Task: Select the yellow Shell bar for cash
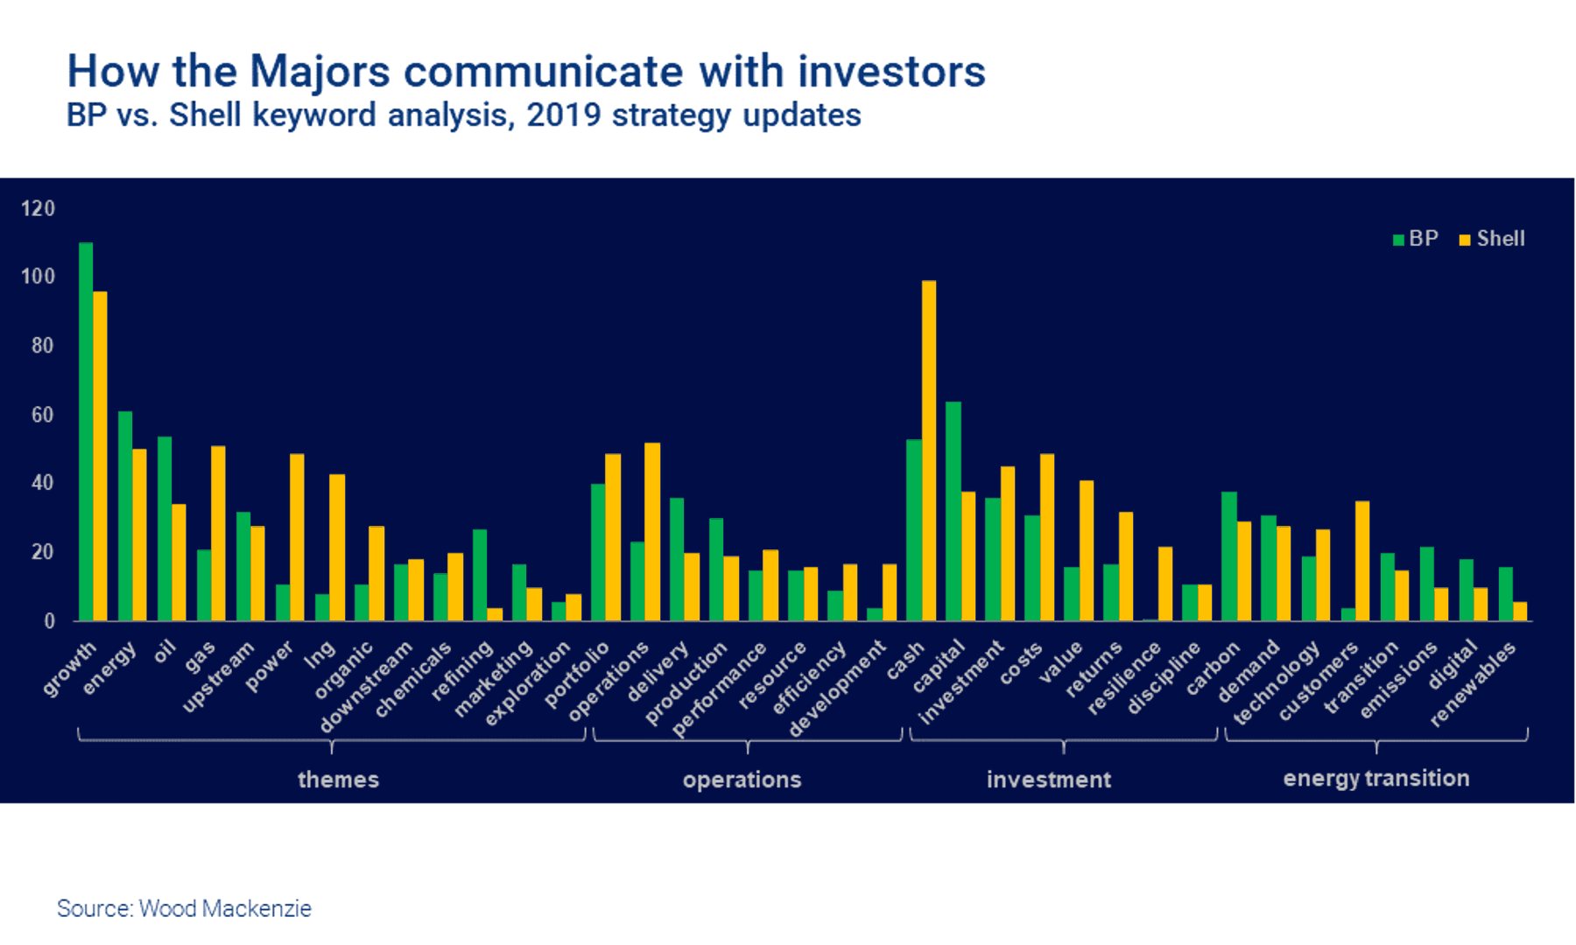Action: pos(928,451)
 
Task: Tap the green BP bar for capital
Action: pos(953,511)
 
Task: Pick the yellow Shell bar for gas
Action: pos(218,533)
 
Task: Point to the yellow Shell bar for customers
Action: pos(1361,561)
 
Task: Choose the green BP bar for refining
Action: pos(480,575)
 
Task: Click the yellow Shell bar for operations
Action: pos(652,531)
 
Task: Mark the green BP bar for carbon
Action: pos(1229,556)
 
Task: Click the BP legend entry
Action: pos(1416,239)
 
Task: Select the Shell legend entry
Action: pos(1492,239)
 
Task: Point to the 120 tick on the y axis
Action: pos(38,208)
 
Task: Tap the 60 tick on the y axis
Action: pos(42,415)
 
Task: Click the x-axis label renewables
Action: pos(1474,684)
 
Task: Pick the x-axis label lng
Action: pos(320,654)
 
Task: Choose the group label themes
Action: pos(338,779)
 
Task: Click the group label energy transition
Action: pos(1375,778)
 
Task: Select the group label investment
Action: pos(1048,779)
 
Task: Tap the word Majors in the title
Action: pos(320,71)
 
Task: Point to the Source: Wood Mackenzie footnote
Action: pos(184,908)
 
